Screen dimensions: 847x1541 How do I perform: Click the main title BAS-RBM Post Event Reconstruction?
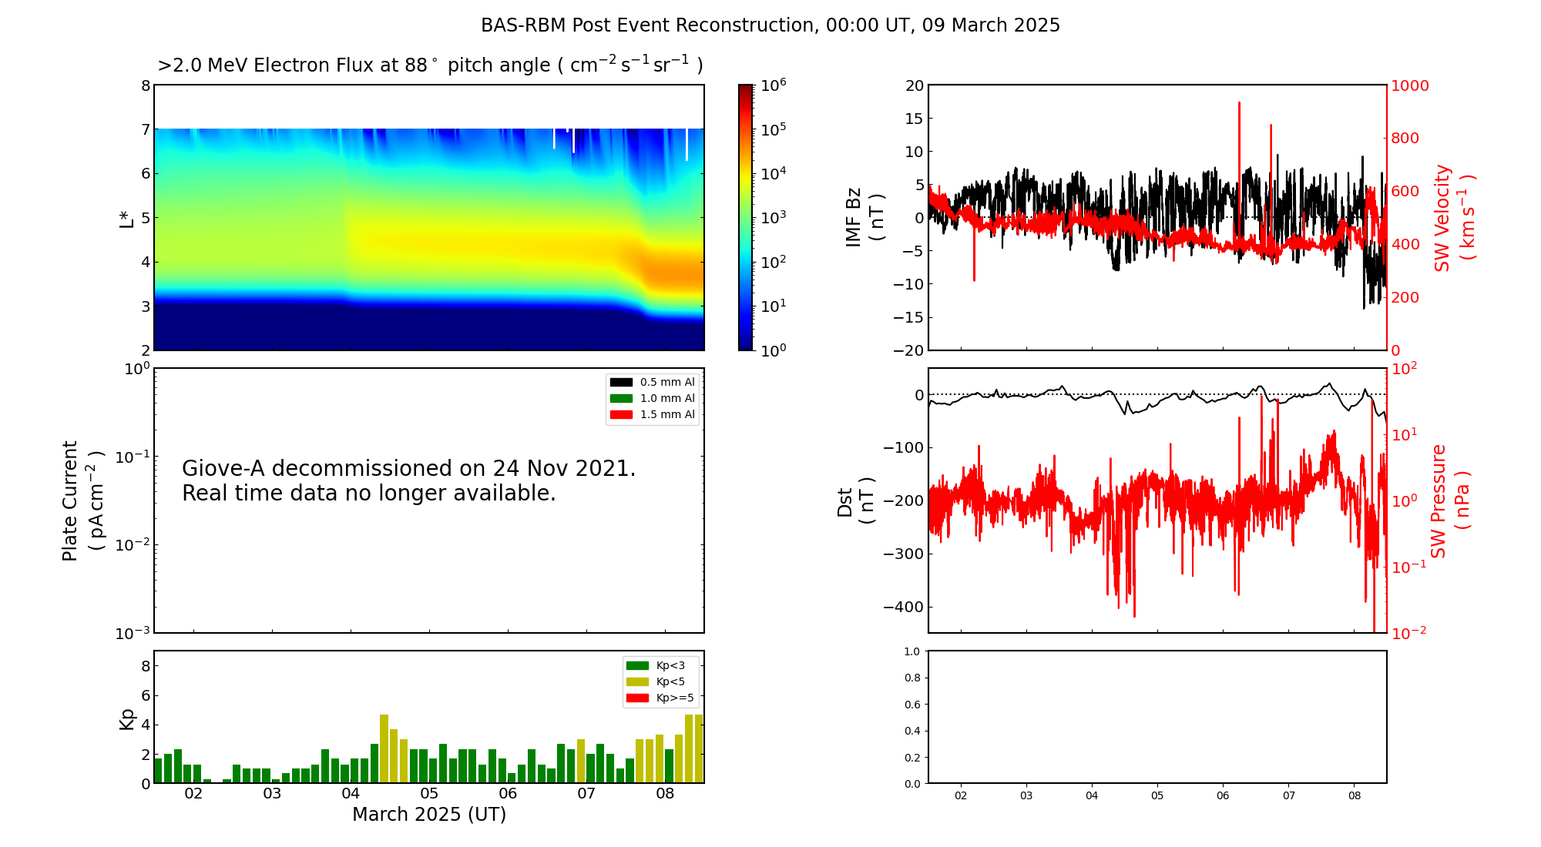tap(770, 25)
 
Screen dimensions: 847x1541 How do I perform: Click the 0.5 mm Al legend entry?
tap(666, 383)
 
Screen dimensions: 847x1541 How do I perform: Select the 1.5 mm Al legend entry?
tap(666, 415)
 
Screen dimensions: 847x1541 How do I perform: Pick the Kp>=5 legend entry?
tap(674, 698)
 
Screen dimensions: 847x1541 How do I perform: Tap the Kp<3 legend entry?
tap(670, 666)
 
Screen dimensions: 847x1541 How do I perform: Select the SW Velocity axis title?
tap(1453, 218)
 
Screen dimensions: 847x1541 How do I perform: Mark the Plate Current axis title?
tap(82, 500)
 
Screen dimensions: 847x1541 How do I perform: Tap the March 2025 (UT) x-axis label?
tap(429, 815)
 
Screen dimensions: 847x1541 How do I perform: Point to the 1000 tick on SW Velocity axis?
tap(1410, 85)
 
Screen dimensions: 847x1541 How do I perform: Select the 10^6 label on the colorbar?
tap(773, 85)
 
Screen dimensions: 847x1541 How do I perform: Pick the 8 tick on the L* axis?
tap(146, 85)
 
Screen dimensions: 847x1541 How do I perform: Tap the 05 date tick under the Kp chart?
tap(429, 794)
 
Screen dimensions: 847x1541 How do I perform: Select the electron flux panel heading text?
tap(430, 65)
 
